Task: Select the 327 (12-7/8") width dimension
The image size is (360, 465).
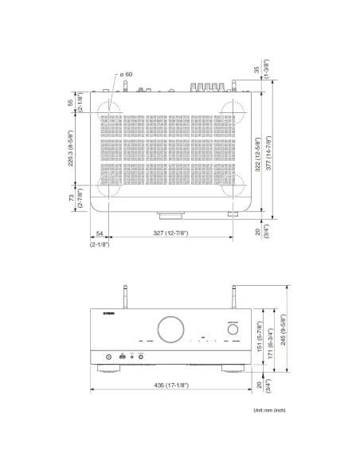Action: point(170,232)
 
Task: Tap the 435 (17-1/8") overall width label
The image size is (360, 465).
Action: point(172,385)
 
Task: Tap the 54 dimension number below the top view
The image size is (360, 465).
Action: point(99,232)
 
